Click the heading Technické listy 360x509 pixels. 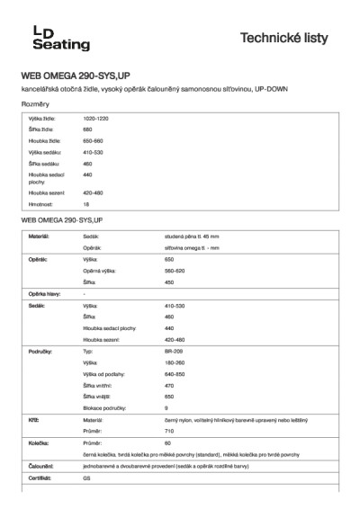tap(290, 38)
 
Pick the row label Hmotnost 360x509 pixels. tap(41, 204)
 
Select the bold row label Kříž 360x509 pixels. tap(33, 420)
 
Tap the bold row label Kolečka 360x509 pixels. tap(38, 443)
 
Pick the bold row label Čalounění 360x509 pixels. tap(40, 468)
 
